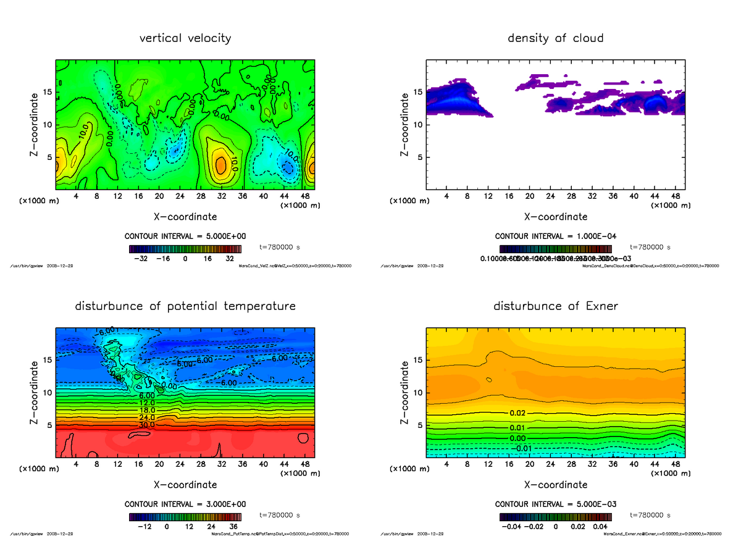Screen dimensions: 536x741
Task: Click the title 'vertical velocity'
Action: point(185,38)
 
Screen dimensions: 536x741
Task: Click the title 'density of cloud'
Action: point(555,38)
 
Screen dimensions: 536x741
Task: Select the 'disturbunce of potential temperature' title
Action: point(185,306)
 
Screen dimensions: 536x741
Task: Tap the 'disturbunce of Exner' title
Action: point(555,306)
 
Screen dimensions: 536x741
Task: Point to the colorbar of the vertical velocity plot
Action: point(185,249)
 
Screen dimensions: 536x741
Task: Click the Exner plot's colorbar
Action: point(555,517)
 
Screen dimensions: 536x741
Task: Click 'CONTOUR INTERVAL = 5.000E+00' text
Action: point(185,237)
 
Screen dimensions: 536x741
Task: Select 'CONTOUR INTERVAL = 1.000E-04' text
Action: point(555,237)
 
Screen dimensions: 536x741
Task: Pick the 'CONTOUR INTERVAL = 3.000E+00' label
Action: point(185,505)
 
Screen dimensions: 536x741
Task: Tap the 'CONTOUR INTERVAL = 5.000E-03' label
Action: point(555,505)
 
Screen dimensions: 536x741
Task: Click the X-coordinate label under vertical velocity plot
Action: point(185,217)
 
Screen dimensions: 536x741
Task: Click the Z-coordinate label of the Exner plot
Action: point(405,392)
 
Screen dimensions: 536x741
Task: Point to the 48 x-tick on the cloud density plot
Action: point(676,197)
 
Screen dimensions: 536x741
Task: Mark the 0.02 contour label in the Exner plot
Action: point(517,412)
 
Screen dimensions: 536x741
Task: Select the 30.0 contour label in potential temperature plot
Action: point(146,425)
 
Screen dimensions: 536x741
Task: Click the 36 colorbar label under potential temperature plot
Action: point(233,527)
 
